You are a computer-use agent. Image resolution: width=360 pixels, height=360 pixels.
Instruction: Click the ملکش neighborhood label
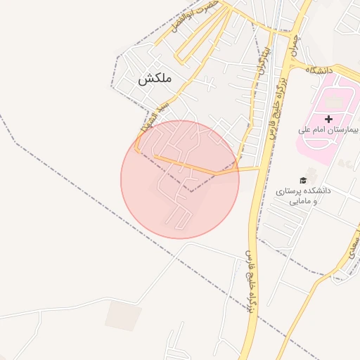click(155, 79)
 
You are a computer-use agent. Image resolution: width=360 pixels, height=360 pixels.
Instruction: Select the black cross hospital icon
click(328, 119)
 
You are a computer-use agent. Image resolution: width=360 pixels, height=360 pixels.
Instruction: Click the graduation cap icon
click(302, 179)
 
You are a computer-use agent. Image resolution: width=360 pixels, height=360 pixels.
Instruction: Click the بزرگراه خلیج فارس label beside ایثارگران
click(270, 105)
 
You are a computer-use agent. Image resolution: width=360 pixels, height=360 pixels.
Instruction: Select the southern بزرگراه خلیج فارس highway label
click(251, 281)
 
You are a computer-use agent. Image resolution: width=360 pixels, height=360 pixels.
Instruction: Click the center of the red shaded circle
click(180, 179)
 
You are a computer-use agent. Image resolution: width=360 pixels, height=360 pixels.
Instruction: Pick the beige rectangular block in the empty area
click(123, 316)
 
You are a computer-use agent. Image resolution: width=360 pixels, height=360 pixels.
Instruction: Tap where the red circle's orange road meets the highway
click(259, 169)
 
